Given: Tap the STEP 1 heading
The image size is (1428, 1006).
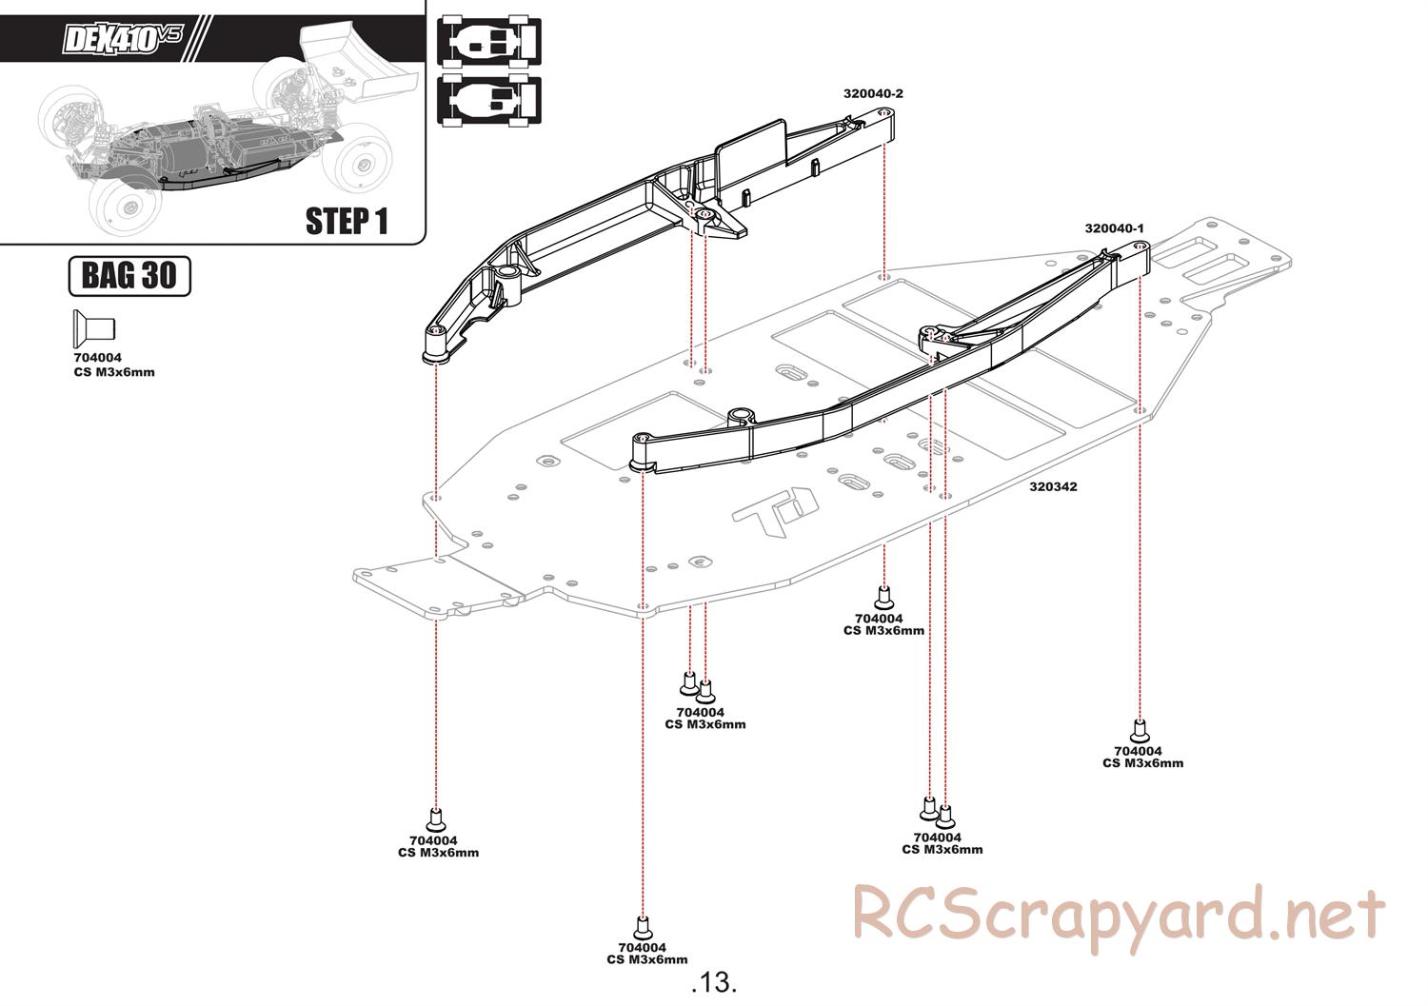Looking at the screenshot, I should pos(347,221).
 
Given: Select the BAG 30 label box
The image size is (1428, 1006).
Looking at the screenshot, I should pos(129,276).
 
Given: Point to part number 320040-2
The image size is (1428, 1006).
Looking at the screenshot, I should pos(872,93).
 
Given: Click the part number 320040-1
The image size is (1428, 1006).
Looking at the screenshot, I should pos(1114,228).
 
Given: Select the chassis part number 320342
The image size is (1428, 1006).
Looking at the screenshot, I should pos(1053,486).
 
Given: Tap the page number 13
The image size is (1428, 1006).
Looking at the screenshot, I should pos(714,981).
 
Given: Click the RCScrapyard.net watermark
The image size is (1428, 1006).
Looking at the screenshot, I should pos(1118,915).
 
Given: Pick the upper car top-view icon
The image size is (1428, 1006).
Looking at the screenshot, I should pos(488,41).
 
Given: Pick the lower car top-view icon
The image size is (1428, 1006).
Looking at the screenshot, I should pos(488,100).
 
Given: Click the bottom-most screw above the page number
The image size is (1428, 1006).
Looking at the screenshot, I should pos(642,925).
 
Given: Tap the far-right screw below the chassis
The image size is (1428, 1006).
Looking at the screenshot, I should pos(1139,731).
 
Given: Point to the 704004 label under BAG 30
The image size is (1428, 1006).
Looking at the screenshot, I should pos(97,359).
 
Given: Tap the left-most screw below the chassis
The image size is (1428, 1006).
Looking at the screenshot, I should pos(436,819).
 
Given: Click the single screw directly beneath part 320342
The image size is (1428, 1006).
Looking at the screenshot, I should pos(883,597).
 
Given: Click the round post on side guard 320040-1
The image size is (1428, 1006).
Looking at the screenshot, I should pos(741,416).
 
